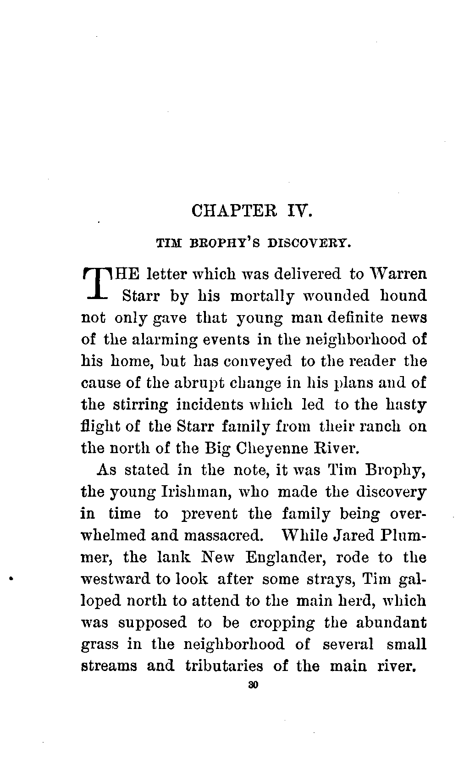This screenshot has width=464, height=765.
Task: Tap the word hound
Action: pos(403,296)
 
